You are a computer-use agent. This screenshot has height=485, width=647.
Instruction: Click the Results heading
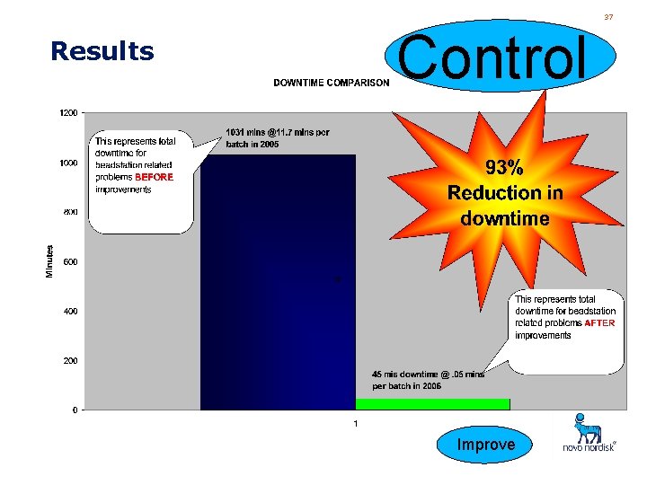tap(102, 51)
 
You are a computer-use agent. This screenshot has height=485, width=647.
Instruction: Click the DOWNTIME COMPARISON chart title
tap(331, 83)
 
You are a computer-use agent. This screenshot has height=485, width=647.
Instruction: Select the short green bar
tap(432, 404)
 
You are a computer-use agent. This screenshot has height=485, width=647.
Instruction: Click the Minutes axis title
tap(50, 261)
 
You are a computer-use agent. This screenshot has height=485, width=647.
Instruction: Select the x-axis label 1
tap(355, 423)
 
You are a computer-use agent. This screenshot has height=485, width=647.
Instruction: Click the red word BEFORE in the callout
tap(154, 178)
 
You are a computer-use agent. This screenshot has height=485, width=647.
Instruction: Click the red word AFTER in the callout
tap(599, 323)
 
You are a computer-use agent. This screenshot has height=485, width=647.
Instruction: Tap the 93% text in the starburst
tap(504, 168)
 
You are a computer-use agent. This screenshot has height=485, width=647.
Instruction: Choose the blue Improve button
tap(486, 445)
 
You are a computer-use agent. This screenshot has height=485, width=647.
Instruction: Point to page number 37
tap(608, 17)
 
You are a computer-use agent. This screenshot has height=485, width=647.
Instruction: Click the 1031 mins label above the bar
tap(277, 138)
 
